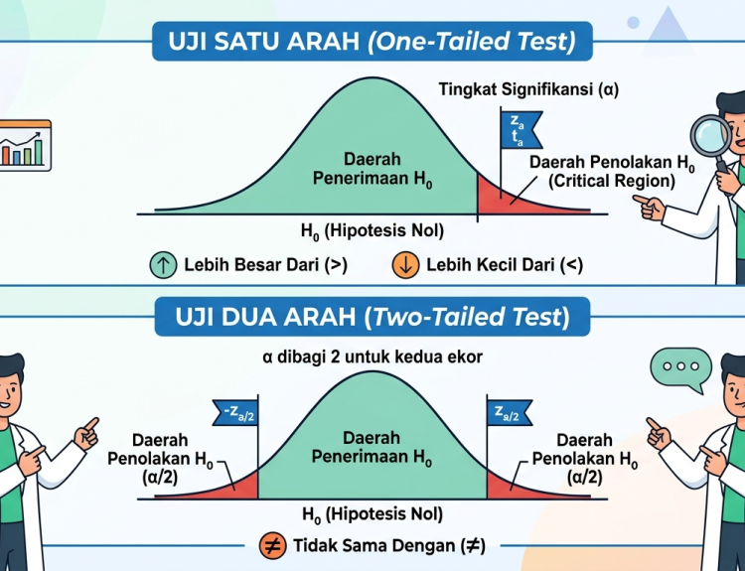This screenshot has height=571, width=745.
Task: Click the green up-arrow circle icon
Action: [163, 264]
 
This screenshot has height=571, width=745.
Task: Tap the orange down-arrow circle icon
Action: [405, 264]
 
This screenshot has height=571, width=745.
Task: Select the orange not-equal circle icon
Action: [273, 546]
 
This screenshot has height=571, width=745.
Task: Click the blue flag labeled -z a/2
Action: [235, 412]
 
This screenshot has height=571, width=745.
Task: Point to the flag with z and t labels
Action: [521, 130]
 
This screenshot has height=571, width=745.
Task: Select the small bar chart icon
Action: [25, 145]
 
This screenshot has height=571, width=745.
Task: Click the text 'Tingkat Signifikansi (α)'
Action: [528, 89]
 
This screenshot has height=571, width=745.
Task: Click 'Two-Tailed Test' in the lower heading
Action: [468, 317]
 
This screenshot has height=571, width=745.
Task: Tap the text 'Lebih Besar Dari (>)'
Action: [265, 265]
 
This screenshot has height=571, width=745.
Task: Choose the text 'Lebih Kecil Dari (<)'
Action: [505, 265]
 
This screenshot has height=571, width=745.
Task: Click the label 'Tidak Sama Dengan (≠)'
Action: [389, 546]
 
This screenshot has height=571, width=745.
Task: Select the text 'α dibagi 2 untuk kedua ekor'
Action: [372, 357]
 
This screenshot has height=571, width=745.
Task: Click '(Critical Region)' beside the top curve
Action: [612, 181]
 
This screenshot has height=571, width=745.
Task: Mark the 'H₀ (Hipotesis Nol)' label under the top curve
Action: [372, 231]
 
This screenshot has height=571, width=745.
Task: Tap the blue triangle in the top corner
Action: [669, 26]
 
